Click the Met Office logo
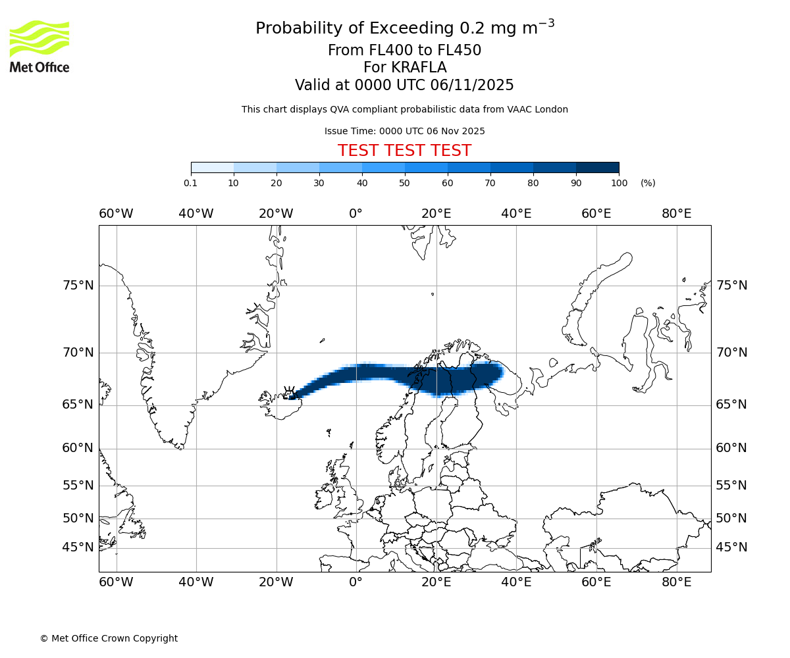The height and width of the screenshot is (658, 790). pos(39,46)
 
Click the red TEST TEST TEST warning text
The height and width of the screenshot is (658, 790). pos(404,151)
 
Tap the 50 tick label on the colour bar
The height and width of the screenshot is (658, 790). pos(405,183)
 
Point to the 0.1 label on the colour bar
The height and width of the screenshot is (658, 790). pos(190,183)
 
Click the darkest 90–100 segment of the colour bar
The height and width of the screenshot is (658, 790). pos(597,167)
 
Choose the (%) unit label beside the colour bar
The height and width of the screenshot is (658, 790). pos(648,183)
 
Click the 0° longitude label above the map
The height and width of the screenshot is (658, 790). pos(356,214)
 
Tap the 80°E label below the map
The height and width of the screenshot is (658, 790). pos(676,582)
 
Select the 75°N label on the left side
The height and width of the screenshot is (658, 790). pos(78,286)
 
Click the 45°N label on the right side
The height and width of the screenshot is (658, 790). pos(731,547)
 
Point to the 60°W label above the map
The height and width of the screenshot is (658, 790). pos(116,214)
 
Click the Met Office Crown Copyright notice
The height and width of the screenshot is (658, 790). pos(109,638)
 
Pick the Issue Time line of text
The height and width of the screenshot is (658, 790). pos(404,131)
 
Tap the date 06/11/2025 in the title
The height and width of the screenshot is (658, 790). pos(472,86)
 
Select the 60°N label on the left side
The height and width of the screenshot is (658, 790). pos(78,448)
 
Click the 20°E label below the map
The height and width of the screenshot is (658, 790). pos(436,582)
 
